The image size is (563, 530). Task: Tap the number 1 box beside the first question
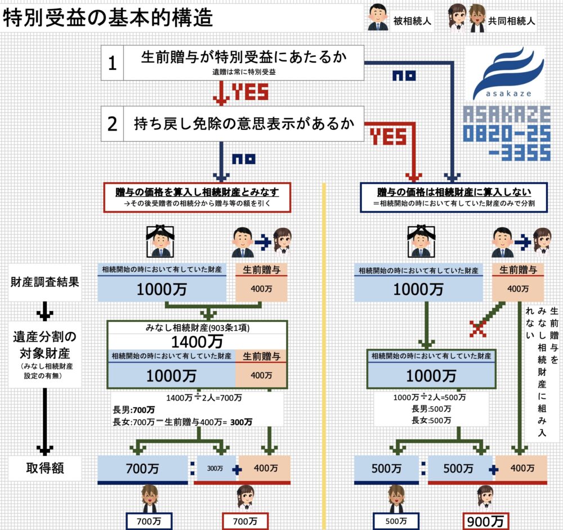pyautogui.click(x=112, y=64)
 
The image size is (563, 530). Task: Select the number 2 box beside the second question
pyautogui.click(x=112, y=124)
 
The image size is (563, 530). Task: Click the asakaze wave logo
pyautogui.click(x=506, y=74)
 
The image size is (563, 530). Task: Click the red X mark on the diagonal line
pyautogui.click(x=477, y=329)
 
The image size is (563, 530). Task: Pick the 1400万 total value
pyautogui.click(x=197, y=341)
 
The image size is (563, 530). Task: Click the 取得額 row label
pyautogui.click(x=44, y=468)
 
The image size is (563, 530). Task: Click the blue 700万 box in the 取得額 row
pyautogui.click(x=142, y=468)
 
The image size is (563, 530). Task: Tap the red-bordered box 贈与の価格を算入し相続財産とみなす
pyautogui.click(x=197, y=197)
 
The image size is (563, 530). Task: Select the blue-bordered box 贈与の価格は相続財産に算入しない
pyautogui.click(x=454, y=197)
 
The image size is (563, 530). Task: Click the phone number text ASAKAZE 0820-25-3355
pyautogui.click(x=506, y=133)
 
